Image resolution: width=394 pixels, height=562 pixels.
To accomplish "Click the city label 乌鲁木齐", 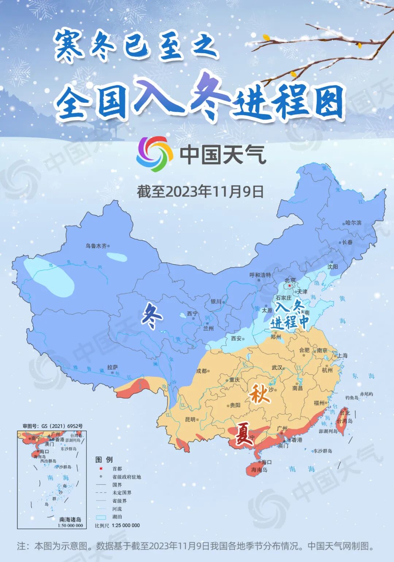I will [x=96, y=246].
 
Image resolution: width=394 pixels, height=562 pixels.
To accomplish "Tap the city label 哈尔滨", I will [x=353, y=223].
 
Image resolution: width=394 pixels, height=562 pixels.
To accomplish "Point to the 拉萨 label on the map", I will [x=112, y=367].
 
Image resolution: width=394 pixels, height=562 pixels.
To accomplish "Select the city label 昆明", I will [x=190, y=419].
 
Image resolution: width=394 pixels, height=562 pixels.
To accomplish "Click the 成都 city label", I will [x=201, y=371].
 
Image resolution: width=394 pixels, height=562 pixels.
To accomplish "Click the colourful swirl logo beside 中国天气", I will [x=154, y=154].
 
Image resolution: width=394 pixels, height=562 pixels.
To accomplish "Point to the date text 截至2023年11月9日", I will [x=200, y=191].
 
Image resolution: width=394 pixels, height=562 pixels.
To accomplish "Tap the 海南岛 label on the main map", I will [x=259, y=470].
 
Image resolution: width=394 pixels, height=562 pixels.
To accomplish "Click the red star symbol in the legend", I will [x=101, y=469].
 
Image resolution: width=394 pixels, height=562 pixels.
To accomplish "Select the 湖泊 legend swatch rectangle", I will [x=101, y=517].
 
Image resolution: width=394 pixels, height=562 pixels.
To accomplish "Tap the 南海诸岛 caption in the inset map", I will [x=70, y=519].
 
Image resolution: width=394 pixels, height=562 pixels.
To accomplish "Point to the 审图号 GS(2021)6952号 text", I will [x=53, y=426].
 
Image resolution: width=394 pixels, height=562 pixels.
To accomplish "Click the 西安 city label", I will [x=236, y=338].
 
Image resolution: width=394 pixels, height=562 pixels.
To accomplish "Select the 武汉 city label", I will [x=277, y=367].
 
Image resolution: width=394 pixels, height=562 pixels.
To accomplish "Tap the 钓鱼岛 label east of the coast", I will [x=352, y=398].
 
